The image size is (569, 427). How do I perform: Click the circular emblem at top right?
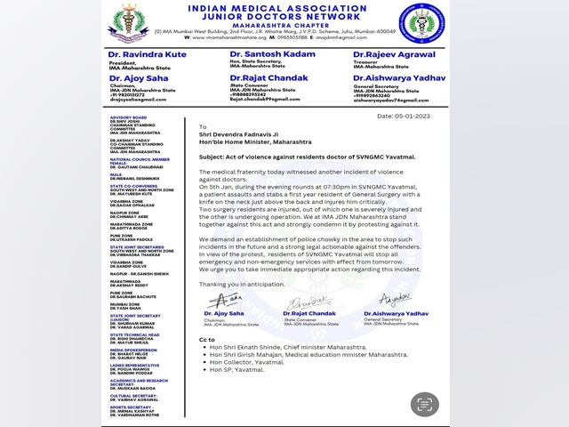[417, 24]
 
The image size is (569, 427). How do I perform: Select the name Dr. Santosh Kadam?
[263, 54]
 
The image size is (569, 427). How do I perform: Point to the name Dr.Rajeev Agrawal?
[389, 54]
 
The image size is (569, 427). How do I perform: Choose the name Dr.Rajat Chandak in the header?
[260, 77]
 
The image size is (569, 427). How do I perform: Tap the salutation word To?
[203, 126]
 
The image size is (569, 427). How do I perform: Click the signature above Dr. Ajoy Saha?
[225, 299]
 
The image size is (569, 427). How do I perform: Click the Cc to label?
[207, 339]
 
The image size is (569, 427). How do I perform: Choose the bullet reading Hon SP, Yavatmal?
[236, 369]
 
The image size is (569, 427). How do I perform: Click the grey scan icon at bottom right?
[425, 404]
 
